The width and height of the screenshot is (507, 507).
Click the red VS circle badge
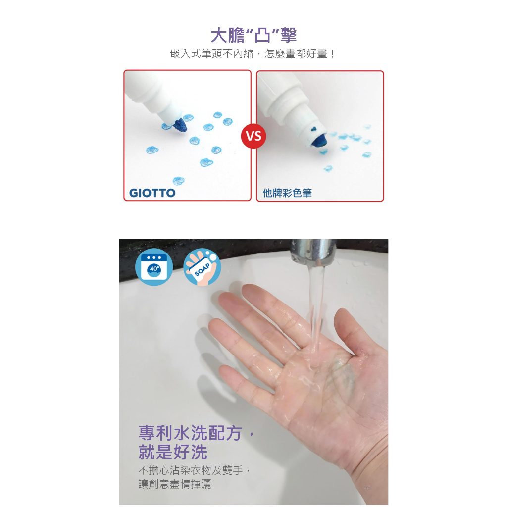click(x=253, y=136)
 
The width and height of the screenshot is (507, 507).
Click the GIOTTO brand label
click(x=152, y=193)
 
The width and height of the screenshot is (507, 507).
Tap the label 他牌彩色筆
click(x=287, y=193)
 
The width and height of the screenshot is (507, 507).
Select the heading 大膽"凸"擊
click(x=253, y=35)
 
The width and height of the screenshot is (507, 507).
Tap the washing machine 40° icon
click(x=154, y=267)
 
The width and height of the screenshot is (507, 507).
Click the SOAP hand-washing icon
click(x=202, y=267)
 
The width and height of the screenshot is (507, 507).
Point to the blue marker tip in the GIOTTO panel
click(x=180, y=125)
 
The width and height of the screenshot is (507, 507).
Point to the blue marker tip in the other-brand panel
click(x=319, y=140)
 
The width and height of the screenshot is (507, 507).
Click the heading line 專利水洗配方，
click(x=196, y=433)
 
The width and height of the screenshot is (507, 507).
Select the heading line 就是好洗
click(x=173, y=452)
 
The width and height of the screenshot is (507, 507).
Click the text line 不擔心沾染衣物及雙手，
click(x=194, y=470)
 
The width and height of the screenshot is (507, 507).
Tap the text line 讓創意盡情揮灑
click(x=175, y=484)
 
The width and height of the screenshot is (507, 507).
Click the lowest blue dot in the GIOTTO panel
click(x=178, y=181)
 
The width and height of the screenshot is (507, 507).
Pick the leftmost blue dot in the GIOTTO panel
click(x=152, y=150)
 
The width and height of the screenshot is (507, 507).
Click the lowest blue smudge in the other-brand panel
click(x=328, y=168)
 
